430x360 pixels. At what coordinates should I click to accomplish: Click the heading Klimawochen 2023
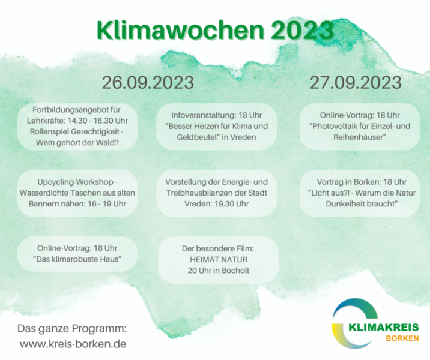click(215, 30)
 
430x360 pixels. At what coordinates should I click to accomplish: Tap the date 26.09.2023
click(148, 82)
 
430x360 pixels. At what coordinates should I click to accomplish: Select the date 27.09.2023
click(356, 82)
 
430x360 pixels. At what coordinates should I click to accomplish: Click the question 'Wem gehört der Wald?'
click(77, 143)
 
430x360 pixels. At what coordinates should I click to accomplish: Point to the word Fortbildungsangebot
click(71, 110)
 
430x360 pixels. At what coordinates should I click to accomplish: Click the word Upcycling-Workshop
click(76, 182)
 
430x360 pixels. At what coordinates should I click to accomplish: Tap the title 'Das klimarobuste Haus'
click(77, 259)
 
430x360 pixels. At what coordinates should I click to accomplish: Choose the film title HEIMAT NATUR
click(219, 259)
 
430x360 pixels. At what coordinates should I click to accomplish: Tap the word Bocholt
click(235, 271)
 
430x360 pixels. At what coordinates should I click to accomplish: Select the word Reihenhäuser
click(358, 137)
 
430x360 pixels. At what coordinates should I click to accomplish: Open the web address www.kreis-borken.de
click(73, 344)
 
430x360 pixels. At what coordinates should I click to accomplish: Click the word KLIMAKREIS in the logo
click(384, 327)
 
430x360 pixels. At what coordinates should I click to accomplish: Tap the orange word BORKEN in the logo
click(402, 338)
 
